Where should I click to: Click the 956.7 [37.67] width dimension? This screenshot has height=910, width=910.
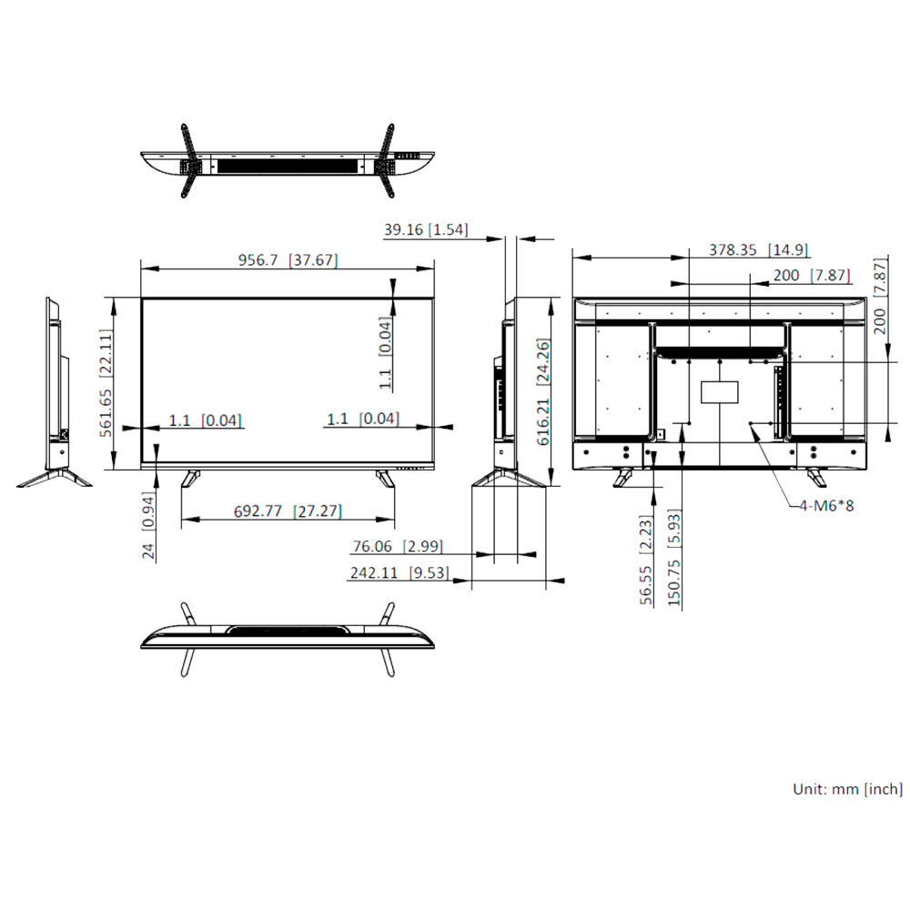coord(288,260)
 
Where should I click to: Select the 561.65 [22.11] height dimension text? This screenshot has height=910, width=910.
coord(106,383)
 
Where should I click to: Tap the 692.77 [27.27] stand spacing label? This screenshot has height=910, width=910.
coord(288,511)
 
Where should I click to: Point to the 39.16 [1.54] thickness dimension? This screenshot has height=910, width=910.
coord(425,230)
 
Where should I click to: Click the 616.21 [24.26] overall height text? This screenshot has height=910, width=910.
coord(543,392)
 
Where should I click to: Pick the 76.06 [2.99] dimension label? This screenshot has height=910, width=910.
coord(398,547)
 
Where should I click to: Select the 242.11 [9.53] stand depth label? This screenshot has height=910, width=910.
coord(399,573)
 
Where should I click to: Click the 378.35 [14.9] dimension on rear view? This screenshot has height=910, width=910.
coord(759,250)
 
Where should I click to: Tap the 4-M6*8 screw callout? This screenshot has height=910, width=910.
coord(826,505)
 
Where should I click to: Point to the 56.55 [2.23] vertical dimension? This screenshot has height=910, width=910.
coord(646,561)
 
